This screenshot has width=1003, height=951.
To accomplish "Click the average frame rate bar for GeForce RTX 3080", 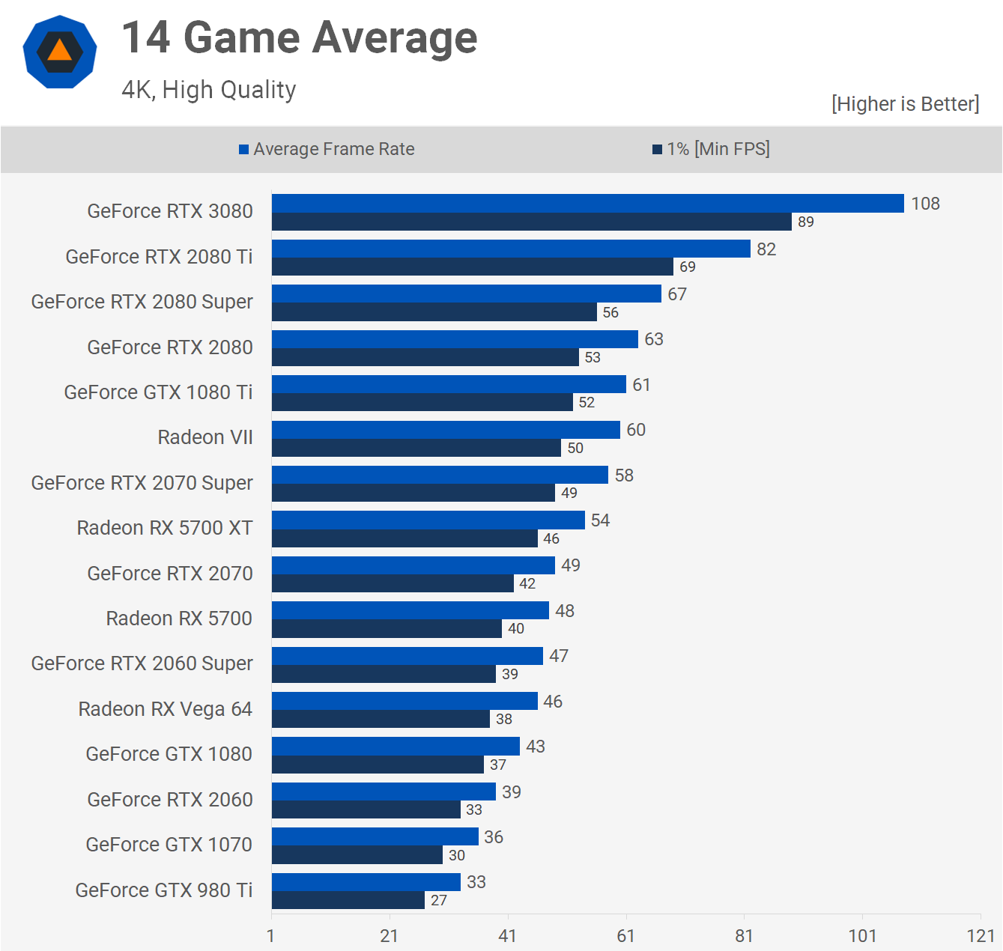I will click(588, 204).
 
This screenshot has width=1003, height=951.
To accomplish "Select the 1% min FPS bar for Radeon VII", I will click(416, 448).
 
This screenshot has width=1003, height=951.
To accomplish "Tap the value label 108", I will click(925, 204).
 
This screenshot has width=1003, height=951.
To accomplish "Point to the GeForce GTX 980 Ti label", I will click(164, 890).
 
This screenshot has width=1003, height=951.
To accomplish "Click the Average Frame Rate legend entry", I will click(327, 149).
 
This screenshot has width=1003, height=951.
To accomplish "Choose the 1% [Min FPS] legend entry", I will click(711, 149).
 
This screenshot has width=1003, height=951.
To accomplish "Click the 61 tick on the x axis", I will click(625, 935).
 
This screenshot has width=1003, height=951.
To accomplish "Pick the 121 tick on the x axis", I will click(981, 935).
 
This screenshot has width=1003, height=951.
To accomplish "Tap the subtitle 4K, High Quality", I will click(209, 90).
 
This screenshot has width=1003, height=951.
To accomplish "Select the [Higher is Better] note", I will click(905, 103).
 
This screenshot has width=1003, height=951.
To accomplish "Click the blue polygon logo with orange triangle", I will click(60, 52).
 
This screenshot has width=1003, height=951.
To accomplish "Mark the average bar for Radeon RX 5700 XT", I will click(428, 520).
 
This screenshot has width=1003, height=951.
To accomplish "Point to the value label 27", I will click(439, 900).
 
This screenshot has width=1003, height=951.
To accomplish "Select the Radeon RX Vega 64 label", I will click(166, 709).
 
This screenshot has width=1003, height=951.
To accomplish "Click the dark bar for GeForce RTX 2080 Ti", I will click(473, 267).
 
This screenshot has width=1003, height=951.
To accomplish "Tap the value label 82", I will click(766, 249).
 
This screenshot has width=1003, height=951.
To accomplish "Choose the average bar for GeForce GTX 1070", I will click(375, 836).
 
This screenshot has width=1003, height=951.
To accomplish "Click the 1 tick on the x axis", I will click(271, 935).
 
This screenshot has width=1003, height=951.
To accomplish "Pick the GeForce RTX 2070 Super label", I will click(142, 483).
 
